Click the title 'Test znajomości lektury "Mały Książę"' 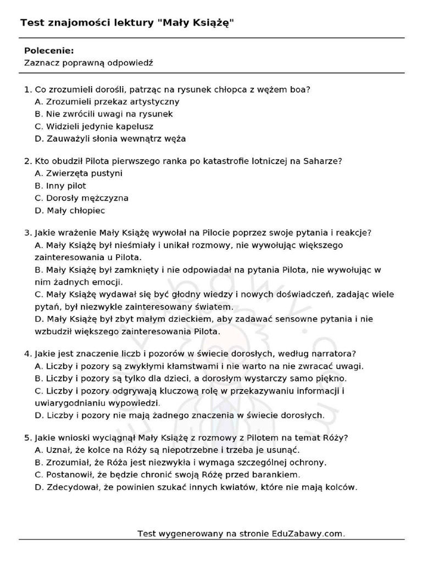(x=131, y=23)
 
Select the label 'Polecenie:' (x=49, y=50)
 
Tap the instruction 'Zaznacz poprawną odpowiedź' (x=88, y=63)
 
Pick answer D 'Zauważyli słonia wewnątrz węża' (x=110, y=138)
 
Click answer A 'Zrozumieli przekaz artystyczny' (x=107, y=102)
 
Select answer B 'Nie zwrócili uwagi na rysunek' (x=103, y=114)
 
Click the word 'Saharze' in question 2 (x=321, y=161)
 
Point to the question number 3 (x=27, y=233)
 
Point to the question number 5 (x=27, y=437)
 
